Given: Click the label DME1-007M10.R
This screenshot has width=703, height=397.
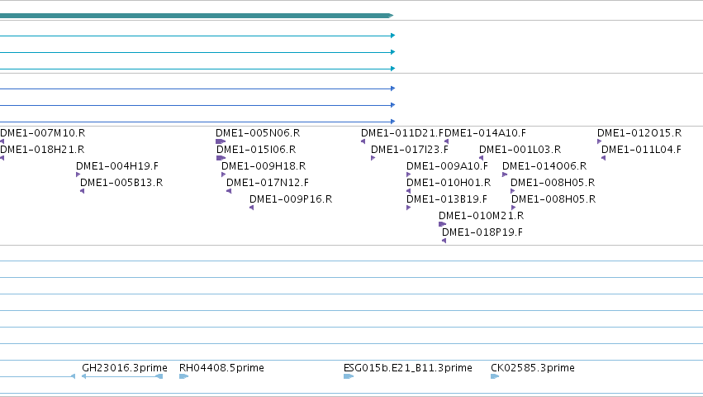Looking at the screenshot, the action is (x=43, y=133).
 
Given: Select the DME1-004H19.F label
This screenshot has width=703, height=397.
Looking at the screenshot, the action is (x=117, y=166).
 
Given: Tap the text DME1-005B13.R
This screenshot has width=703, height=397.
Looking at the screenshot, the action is (x=121, y=183).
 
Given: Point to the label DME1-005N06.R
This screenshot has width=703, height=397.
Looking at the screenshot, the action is (x=258, y=133).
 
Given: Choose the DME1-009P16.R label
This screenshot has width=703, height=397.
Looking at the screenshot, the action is (x=291, y=199).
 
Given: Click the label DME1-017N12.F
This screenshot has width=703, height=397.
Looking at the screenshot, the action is (x=268, y=183).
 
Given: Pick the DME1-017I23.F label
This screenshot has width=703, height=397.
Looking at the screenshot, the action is (x=410, y=150).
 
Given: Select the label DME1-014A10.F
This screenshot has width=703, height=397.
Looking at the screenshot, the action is (x=485, y=133).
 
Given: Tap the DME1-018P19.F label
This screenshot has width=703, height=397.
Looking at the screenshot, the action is (x=482, y=232).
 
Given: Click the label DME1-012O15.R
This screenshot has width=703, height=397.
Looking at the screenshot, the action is (x=639, y=133).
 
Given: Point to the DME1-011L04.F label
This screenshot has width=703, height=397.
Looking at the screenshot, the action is (x=641, y=150).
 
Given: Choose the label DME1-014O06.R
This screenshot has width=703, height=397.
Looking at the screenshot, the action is (x=544, y=166).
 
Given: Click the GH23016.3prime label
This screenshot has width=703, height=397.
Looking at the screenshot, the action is (x=125, y=368).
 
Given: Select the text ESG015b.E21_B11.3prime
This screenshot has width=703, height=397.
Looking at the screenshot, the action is (x=408, y=368).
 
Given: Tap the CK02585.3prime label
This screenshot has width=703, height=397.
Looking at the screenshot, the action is (x=533, y=368).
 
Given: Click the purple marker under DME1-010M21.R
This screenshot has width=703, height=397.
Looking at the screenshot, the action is (x=443, y=224).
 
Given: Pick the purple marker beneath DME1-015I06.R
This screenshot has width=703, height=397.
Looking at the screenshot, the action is (x=221, y=158).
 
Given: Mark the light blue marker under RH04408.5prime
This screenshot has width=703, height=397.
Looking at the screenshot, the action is (x=184, y=376).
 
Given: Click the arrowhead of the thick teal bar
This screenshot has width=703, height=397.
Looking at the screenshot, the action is (x=391, y=16).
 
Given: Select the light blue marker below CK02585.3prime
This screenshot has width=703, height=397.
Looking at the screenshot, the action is (x=495, y=376).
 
